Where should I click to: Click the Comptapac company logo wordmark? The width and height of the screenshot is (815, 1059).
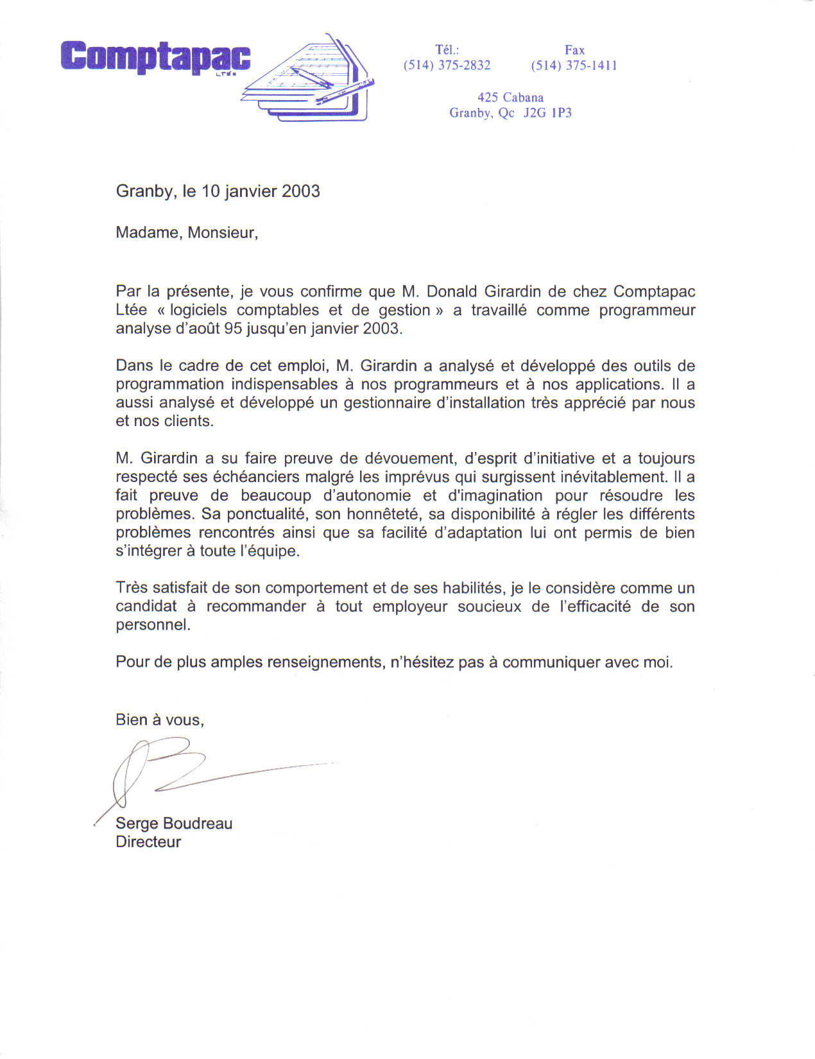(x=155, y=56)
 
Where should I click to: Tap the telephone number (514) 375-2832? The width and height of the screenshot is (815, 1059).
(x=447, y=65)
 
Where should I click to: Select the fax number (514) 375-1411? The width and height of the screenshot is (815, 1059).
(x=574, y=65)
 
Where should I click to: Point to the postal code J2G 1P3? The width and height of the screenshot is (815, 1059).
(x=547, y=113)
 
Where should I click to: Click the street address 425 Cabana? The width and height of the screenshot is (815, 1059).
(x=510, y=98)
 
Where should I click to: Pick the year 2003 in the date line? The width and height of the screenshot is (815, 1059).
(x=300, y=191)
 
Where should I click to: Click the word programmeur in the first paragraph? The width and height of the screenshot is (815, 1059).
(x=647, y=310)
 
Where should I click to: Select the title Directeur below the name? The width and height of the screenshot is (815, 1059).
(x=148, y=842)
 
